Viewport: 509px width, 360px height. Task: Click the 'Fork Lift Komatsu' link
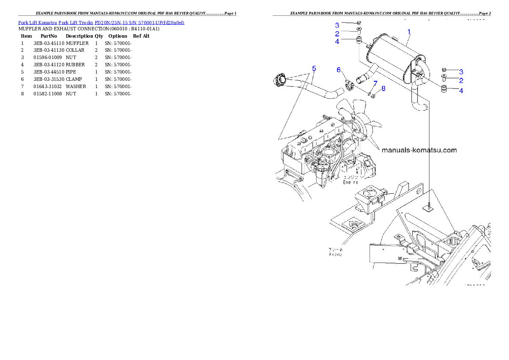[37, 23]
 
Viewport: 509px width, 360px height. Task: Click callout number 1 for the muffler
[409, 32]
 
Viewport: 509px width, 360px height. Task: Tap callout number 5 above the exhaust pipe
[314, 68]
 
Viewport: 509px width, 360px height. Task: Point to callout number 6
[338, 70]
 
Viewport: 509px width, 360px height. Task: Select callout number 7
[375, 83]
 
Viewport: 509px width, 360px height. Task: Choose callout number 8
[383, 89]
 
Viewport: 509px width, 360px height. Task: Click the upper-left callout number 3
[337, 25]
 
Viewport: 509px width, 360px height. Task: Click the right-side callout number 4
[461, 91]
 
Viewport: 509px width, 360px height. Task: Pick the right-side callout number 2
[461, 80]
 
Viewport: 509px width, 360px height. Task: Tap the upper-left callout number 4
[337, 41]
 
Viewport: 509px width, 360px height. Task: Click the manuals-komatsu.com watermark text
[419, 150]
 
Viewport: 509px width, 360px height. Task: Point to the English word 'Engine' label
[351, 182]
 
